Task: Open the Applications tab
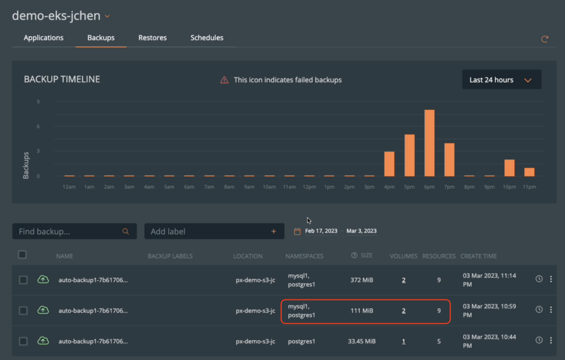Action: click(x=44, y=38)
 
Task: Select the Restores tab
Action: click(x=152, y=38)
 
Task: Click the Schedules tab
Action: click(x=207, y=38)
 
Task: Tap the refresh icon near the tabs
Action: click(x=545, y=39)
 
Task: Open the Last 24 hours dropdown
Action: click(x=501, y=80)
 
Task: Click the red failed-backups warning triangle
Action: click(x=225, y=80)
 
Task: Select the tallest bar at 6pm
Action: click(x=429, y=143)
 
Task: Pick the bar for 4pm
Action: click(x=389, y=163)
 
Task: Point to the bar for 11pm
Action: click(x=529, y=171)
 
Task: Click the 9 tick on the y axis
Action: click(x=38, y=101)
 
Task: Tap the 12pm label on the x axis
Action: click(x=310, y=187)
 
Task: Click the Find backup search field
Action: click(x=69, y=232)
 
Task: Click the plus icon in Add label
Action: click(x=274, y=232)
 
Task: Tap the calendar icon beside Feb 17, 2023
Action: click(x=297, y=232)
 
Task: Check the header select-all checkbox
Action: click(x=22, y=255)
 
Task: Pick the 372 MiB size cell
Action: click(x=361, y=280)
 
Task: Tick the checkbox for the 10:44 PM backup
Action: click(x=23, y=341)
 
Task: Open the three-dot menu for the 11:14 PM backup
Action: click(x=550, y=280)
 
